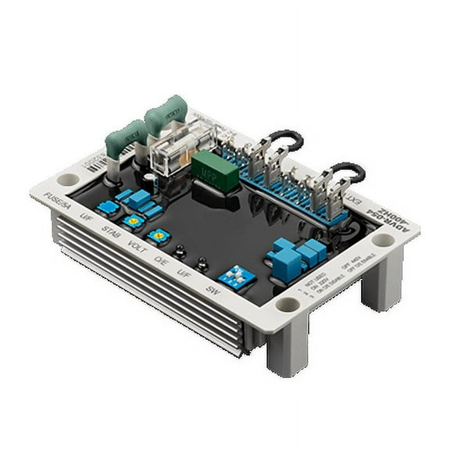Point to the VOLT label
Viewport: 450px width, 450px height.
(137, 245)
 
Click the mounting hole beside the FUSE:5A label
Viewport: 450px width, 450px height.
(67, 179)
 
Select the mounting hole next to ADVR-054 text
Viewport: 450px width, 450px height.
(382, 240)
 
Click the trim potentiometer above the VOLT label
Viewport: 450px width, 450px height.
(159, 234)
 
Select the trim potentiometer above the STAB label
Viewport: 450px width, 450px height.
(132, 221)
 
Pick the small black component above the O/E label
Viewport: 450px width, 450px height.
(180, 252)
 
